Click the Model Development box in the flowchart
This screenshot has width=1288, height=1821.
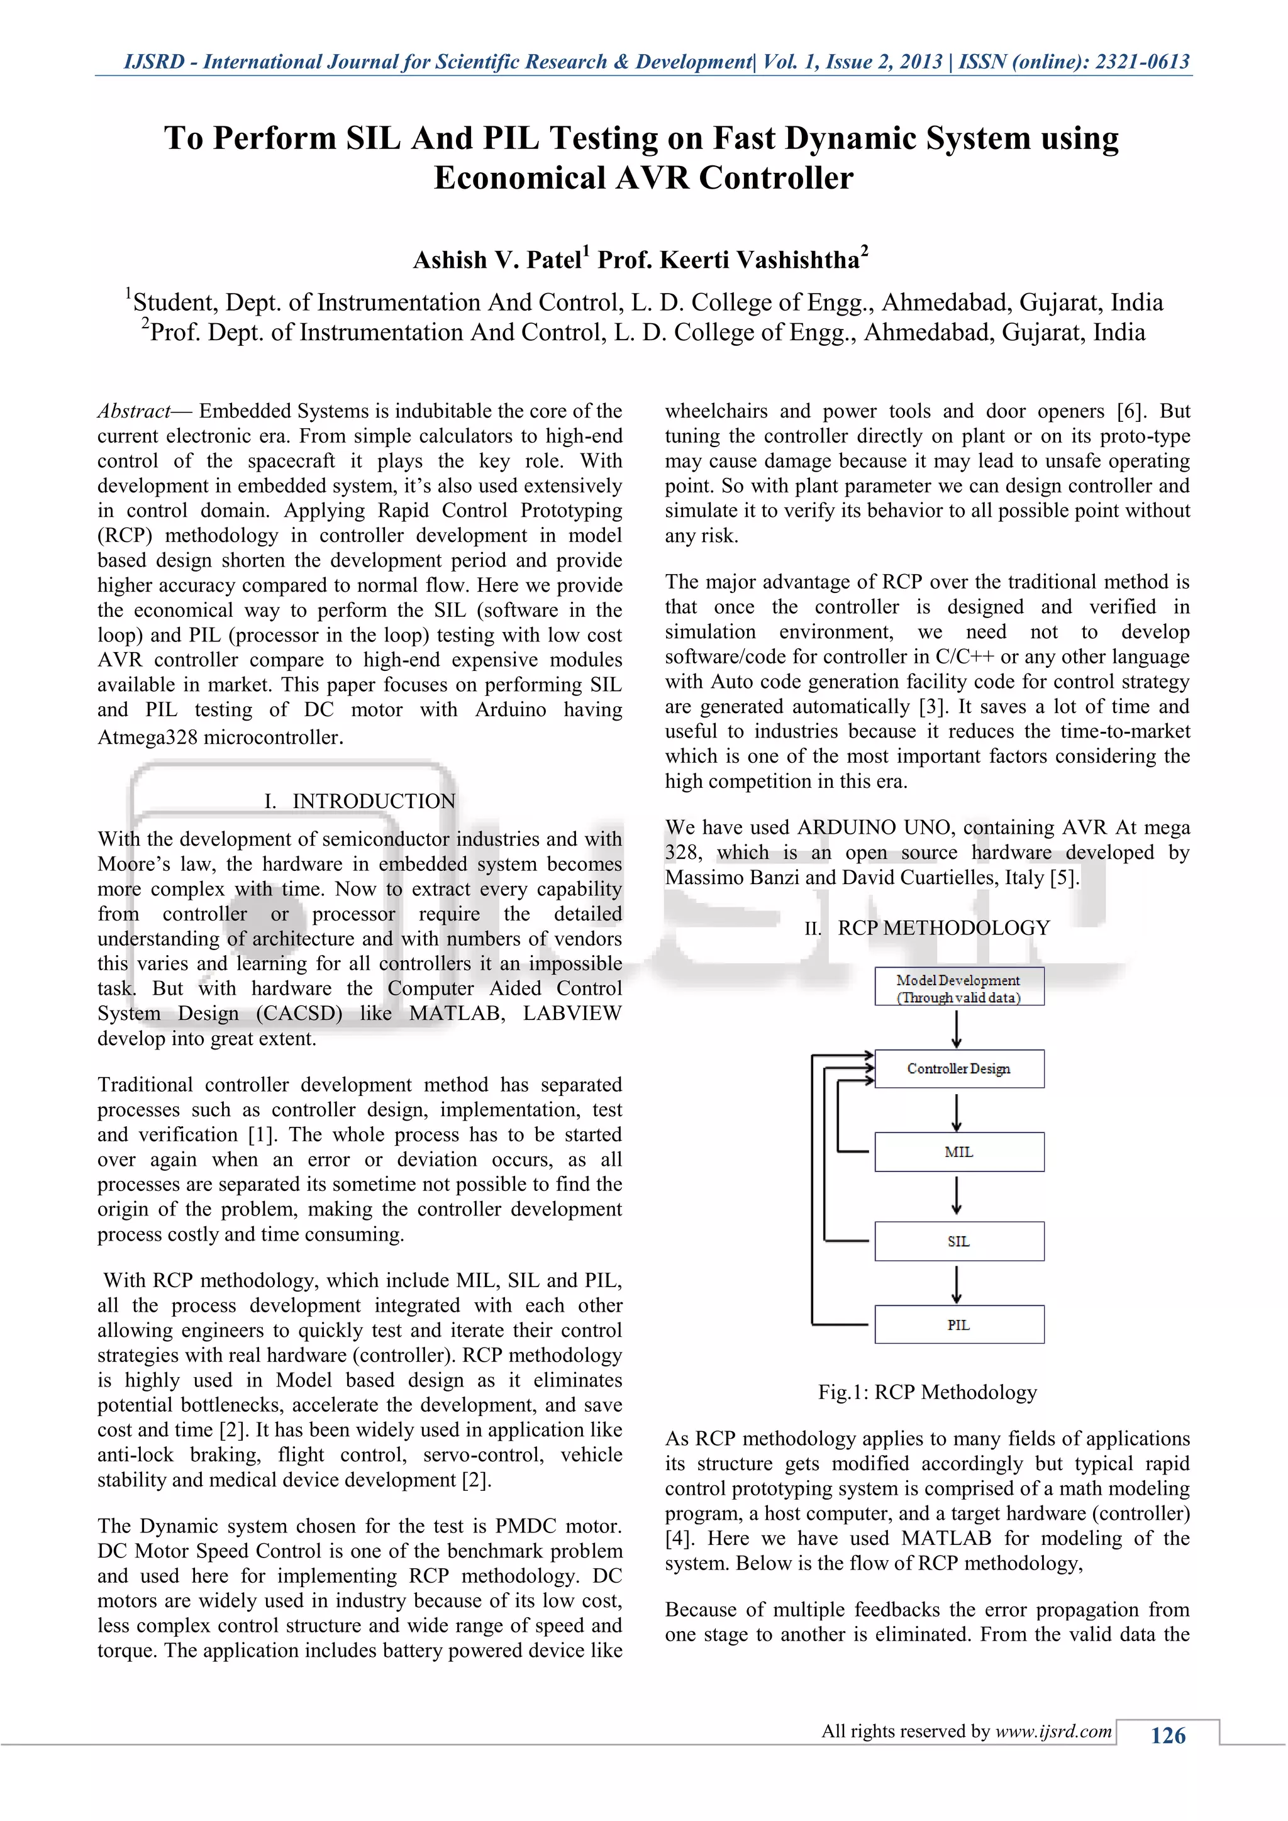click(x=959, y=987)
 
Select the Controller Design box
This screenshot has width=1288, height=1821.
click(x=959, y=1069)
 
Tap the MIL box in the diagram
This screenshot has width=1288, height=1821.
click(x=959, y=1153)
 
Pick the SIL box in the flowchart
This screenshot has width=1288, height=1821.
click(x=959, y=1242)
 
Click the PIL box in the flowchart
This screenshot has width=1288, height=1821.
click(x=959, y=1326)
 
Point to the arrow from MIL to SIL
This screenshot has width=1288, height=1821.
click(x=957, y=1196)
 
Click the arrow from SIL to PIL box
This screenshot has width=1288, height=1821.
click(x=957, y=1284)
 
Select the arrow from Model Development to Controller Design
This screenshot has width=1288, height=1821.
click(x=957, y=1029)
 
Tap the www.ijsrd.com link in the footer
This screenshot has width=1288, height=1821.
click(x=1053, y=1731)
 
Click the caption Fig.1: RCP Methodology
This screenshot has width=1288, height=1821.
click(x=927, y=1393)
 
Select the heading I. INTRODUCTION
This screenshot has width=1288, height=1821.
click(x=359, y=801)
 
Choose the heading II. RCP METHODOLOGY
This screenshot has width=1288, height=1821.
click(x=927, y=928)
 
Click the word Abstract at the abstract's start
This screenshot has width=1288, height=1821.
click(x=133, y=411)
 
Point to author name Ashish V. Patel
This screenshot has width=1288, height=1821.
click(x=497, y=260)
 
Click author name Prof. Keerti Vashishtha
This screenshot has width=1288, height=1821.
click(x=728, y=260)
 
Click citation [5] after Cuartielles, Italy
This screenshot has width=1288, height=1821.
click(x=1063, y=878)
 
